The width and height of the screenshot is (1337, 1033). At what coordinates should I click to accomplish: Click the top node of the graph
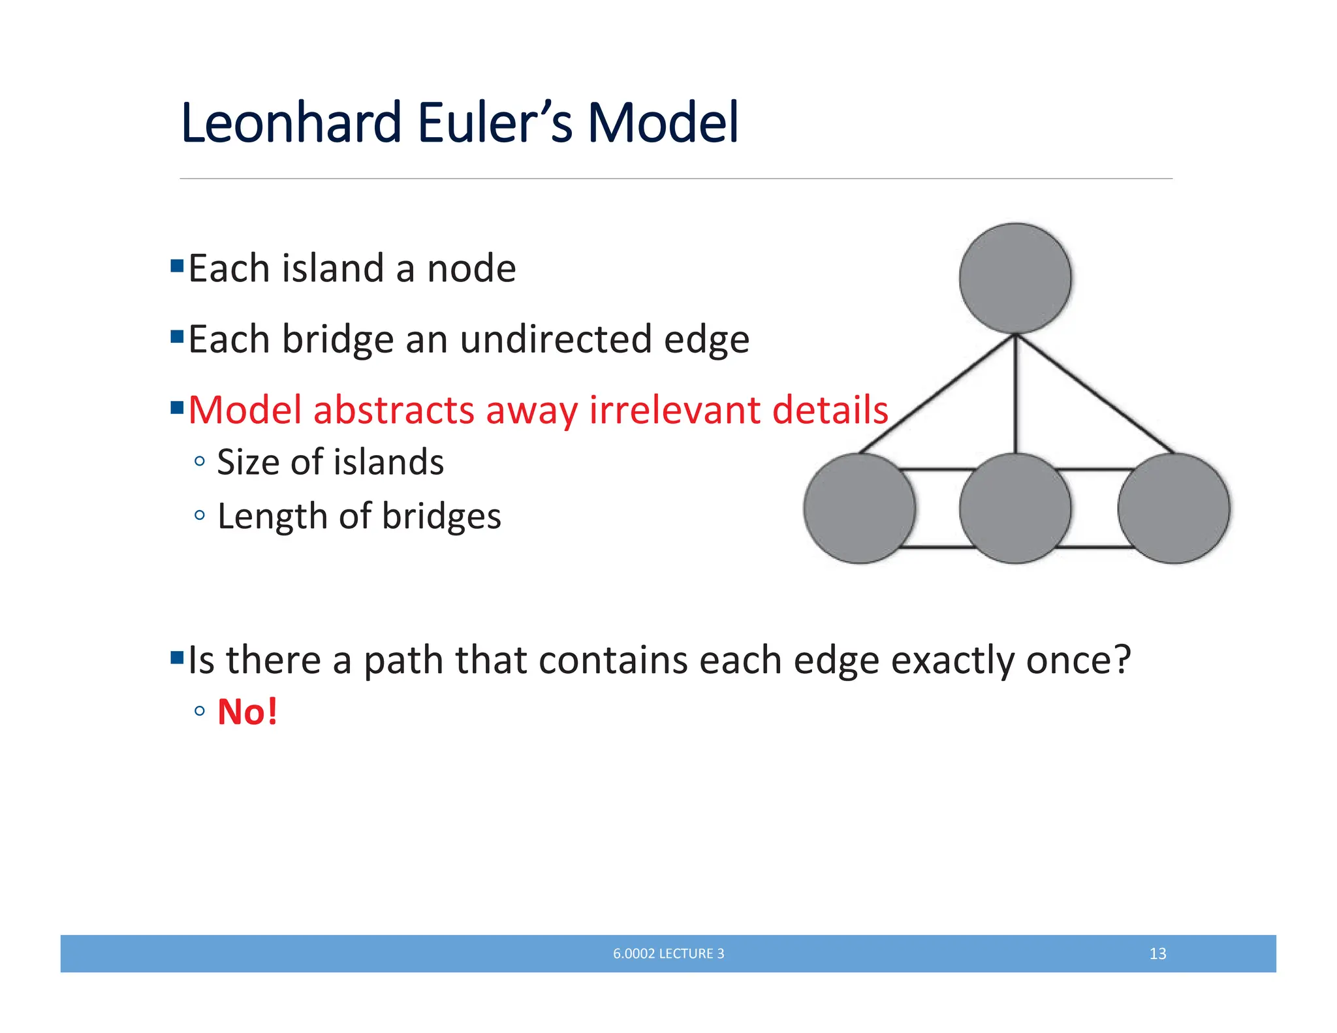(x=1015, y=279)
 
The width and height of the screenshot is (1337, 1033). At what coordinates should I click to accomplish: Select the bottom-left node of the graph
(x=859, y=508)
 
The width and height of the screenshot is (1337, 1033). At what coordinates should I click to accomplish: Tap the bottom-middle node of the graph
(x=1015, y=508)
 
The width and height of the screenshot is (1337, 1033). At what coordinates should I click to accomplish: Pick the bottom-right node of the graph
(x=1173, y=508)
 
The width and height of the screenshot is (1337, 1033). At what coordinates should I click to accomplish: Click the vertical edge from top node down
(x=1015, y=392)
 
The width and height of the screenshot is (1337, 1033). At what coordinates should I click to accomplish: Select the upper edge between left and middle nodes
(x=937, y=469)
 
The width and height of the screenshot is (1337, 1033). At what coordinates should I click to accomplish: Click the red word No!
(x=247, y=711)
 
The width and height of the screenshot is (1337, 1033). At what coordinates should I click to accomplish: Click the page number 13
(x=1157, y=953)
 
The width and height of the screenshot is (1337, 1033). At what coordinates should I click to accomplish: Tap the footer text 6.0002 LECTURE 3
(x=668, y=953)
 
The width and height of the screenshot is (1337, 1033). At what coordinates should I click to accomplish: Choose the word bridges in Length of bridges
(x=441, y=516)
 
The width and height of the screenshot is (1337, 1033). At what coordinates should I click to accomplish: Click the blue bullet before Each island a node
(x=176, y=266)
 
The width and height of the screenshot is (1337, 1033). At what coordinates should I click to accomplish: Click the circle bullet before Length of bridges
(x=200, y=516)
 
